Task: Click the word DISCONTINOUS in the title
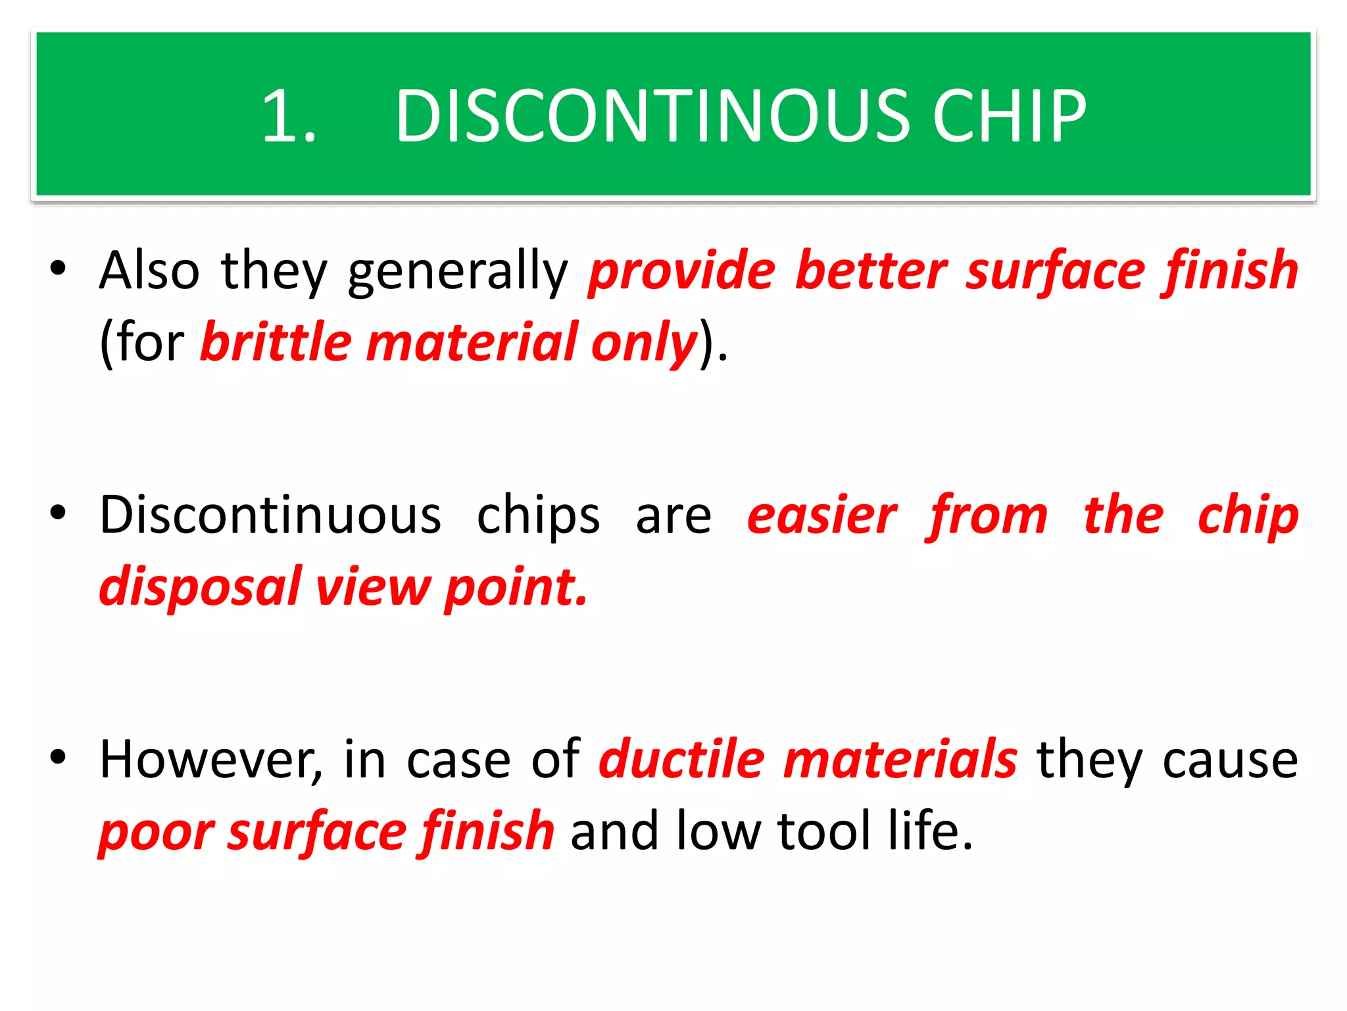click(x=652, y=117)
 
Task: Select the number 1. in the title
click(x=289, y=117)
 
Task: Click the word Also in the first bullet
click(x=149, y=271)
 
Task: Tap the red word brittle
click(x=276, y=342)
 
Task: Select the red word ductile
click(x=681, y=759)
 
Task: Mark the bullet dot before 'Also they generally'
click(x=58, y=269)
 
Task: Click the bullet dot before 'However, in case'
click(x=58, y=758)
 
